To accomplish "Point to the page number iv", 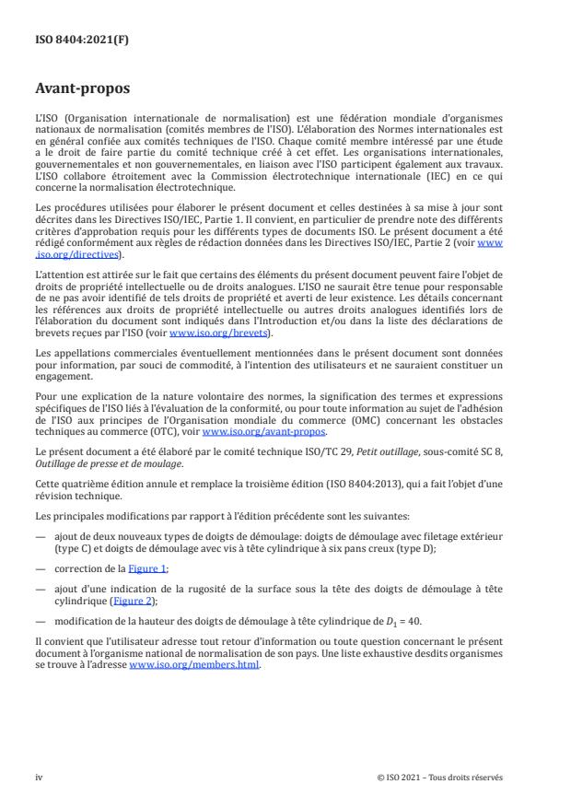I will click(x=39, y=777).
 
